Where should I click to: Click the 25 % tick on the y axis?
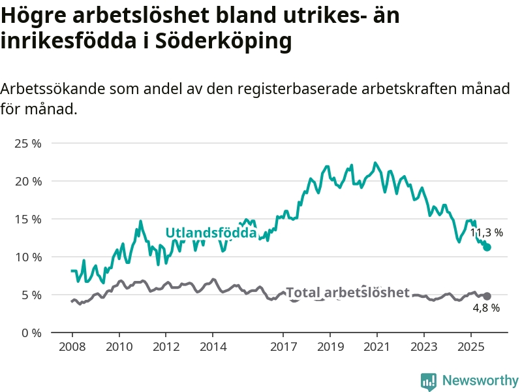pyautogui.click(x=27, y=143)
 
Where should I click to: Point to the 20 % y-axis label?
pyautogui.click(x=27, y=181)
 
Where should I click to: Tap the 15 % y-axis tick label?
pyautogui.click(x=27, y=219)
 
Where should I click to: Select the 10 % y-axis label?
pyautogui.click(x=27, y=257)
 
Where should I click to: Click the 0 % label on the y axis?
pyautogui.click(x=30, y=333)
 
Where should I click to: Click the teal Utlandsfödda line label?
pyautogui.click(x=211, y=233)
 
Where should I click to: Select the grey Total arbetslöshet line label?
pyautogui.click(x=348, y=293)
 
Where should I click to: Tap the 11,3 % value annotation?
pyautogui.click(x=487, y=233)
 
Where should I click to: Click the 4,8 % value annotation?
pyautogui.click(x=486, y=308)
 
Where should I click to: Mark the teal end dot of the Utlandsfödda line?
pyautogui.click(x=487, y=247)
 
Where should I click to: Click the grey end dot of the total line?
pyautogui.click(x=487, y=296)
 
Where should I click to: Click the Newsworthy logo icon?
pyautogui.click(x=429, y=380)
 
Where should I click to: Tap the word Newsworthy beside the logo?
pyautogui.click(x=480, y=380)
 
